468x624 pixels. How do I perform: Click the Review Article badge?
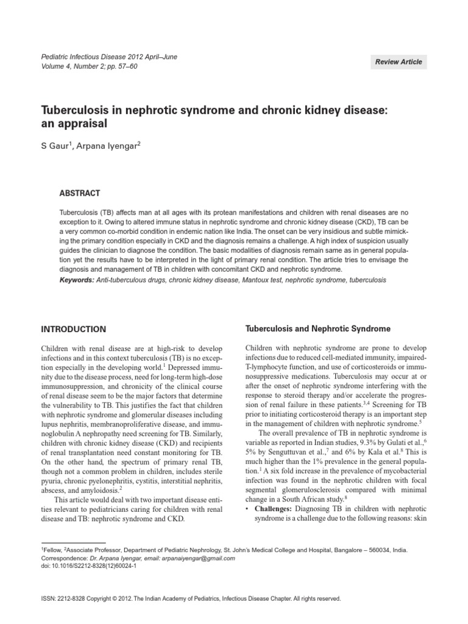click(399, 62)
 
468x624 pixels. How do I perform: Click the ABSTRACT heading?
click(80, 193)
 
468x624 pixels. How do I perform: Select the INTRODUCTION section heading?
click(73, 329)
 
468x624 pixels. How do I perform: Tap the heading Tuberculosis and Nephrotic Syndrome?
click(317, 328)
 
